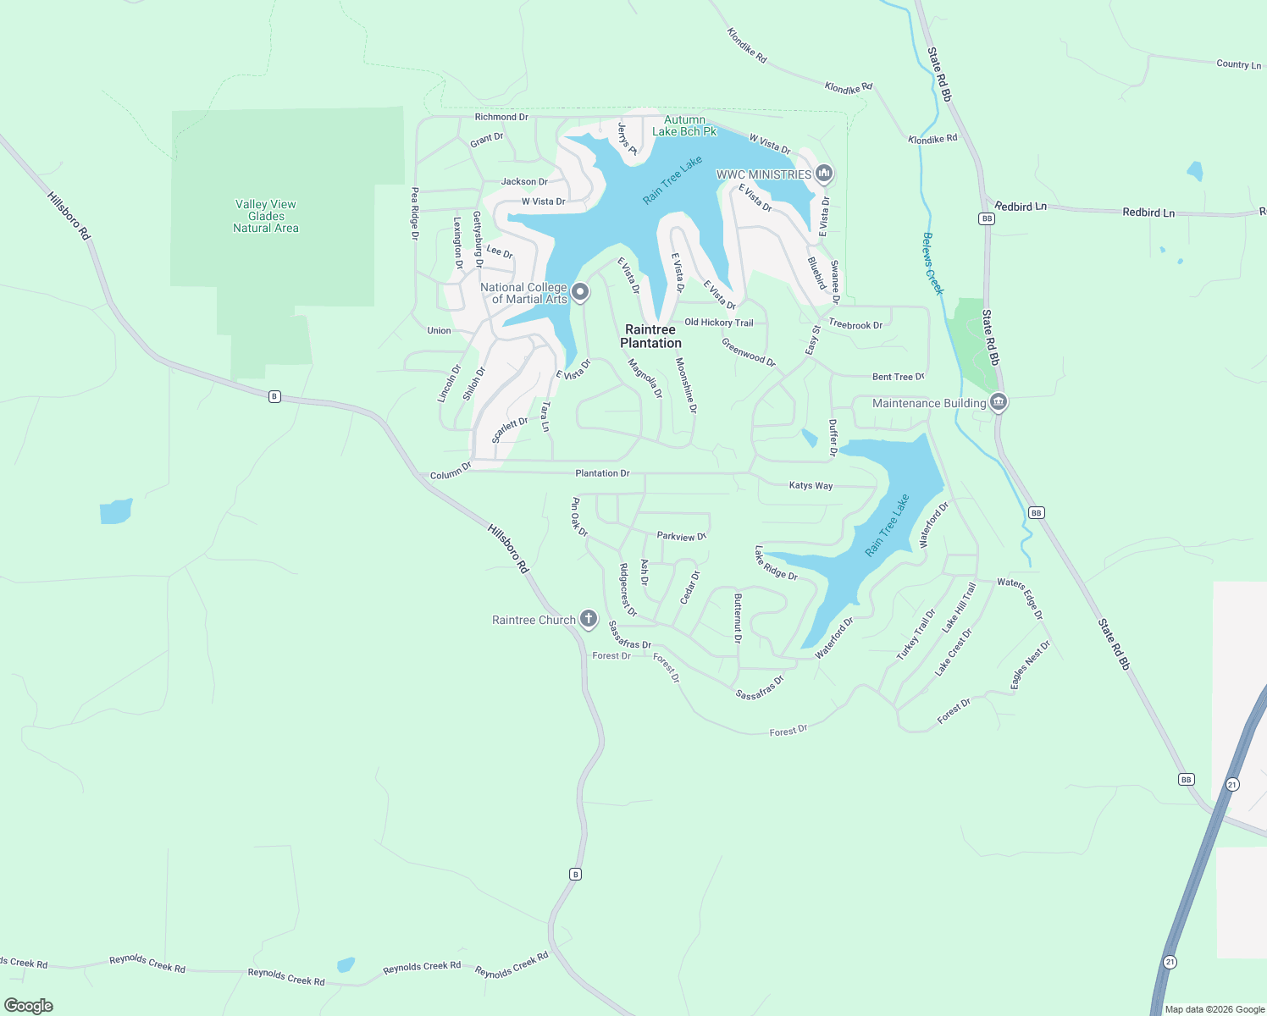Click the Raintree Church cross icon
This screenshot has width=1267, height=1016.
(x=589, y=619)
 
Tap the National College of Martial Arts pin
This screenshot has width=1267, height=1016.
(x=580, y=292)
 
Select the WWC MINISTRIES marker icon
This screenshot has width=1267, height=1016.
(x=824, y=174)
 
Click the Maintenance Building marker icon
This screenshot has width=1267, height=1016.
(x=999, y=401)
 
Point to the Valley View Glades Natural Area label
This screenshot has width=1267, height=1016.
(x=266, y=216)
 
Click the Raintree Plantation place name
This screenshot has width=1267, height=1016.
(x=650, y=336)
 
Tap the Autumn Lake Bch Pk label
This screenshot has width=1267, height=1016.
(x=684, y=125)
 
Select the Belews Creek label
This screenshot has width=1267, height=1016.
(x=932, y=263)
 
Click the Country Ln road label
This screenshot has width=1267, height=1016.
(x=1238, y=64)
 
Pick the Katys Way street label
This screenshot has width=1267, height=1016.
(x=811, y=485)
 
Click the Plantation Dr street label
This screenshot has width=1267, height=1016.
(x=602, y=473)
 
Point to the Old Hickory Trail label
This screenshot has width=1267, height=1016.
(x=718, y=323)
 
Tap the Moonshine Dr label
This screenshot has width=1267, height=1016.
(x=686, y=385)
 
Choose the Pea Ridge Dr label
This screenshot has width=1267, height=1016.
(x=415, y=213)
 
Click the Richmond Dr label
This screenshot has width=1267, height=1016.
(x=501, y=117)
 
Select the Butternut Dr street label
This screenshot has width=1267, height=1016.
(x=738, y=618)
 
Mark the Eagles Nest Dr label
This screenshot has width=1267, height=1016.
(x=1030, y=664)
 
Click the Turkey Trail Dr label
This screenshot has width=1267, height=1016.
(x=916, y=635)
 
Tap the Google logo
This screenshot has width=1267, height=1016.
(x=29, y=1006)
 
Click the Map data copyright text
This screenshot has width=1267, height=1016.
(x=1214, y=1009)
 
